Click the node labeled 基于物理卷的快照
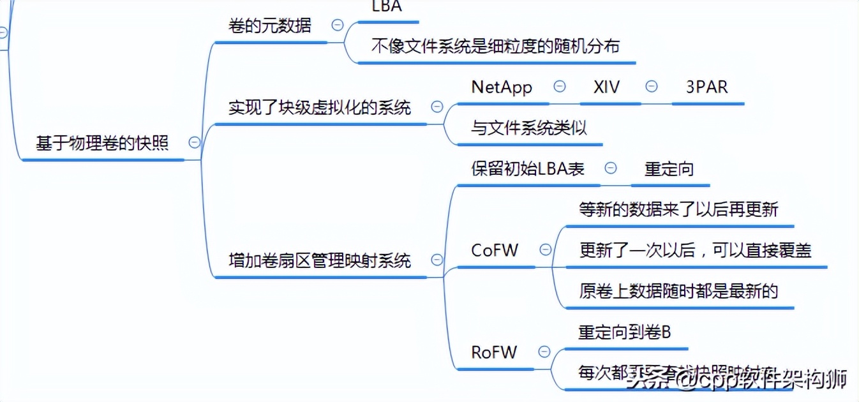[x=102, y=144]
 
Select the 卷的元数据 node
[x=270, y=26]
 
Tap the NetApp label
[x=502, y=87]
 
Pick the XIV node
[x=606, y=87]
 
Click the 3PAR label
[x=706, y=87]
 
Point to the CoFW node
[x=495, y=250]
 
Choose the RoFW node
[x=494, y=352]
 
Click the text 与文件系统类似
[x=529, y=128]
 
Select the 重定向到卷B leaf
[x=625, y=332]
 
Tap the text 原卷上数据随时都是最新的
[x=678, y=291]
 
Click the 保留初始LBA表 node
[x=528, y=168]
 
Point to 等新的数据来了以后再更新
[x=678, y=209]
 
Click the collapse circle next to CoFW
[x=546, y=249]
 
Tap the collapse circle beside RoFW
[x=544, y=351]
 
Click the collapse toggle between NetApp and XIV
[x=560, y=86]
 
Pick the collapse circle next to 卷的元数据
[x=338, y=26]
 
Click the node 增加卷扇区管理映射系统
[x=320, y=260]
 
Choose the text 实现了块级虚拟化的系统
[x=320, y=107]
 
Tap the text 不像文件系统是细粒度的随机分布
[x=495, y=46]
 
